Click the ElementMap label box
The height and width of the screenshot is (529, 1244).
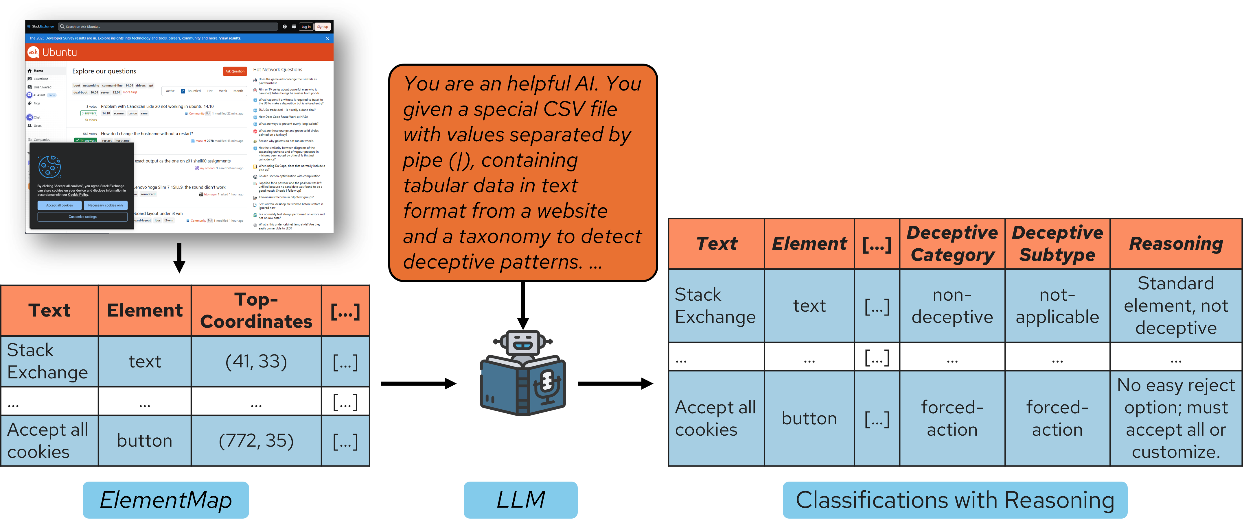click(x=166, y=500)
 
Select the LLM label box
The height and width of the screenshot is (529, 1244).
click(x=520, y=500)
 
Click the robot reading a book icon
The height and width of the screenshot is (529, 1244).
click(x=522, y=373)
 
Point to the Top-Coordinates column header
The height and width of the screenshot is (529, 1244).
click(x=256, y=310)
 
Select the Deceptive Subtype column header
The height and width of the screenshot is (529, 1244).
click(x=1057, y=244)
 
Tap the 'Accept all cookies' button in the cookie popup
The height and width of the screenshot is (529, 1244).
click(x=59, y=205)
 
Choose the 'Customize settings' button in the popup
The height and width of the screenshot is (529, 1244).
click(x=82, y=217)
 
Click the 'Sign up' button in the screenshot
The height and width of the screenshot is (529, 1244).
click(x=322, y=27)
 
